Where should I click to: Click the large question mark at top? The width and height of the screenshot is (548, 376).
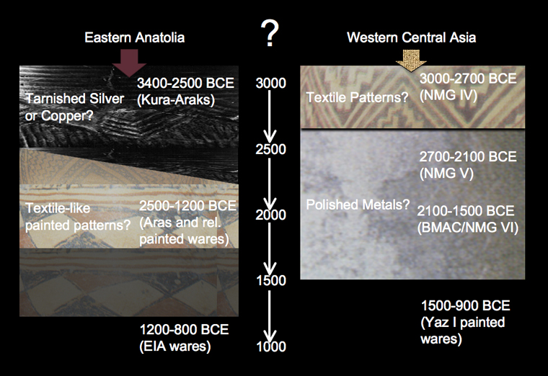270,33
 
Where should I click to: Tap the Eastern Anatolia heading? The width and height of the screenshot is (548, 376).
135,37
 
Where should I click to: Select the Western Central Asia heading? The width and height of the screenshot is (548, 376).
411,37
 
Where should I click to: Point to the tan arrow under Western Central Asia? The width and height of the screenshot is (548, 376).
411,61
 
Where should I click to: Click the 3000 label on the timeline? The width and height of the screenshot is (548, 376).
270,83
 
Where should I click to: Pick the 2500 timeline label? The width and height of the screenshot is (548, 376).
270,149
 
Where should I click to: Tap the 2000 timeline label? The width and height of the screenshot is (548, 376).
270,215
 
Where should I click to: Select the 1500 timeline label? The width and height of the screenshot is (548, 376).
271,280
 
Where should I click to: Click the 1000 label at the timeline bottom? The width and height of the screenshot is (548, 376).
271,346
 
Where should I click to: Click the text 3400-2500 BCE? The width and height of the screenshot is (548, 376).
185,83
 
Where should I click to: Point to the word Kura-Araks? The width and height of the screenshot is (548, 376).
175,100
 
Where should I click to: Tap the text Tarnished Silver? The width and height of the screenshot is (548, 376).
75,99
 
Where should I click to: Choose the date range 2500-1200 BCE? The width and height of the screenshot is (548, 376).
187,206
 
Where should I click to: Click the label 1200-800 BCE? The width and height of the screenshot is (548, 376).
184,330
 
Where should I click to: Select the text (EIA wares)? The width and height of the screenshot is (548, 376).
175,346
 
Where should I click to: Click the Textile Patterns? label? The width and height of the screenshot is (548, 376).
357,97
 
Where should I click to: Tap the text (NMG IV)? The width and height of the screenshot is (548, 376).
448,95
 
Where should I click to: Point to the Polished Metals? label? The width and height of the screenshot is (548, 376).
358,205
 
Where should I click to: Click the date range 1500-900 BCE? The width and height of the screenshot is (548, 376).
466,306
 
